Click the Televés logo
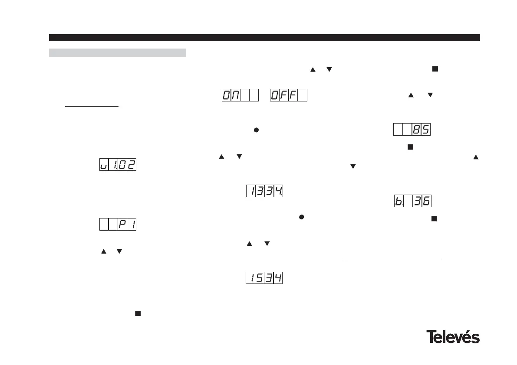pyautogui.click(x=453, y=337)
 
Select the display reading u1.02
pyautogui.click(x=118, y=165)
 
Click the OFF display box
pyautogui.click(x=289, y=95)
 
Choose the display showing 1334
pyautogui.click(x=265, y=191)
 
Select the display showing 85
pyautogui.click(x=412, y=130)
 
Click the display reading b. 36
pyautogui.click(x=412, y=201)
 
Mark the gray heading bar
pyautogui.click(x=118, y=53)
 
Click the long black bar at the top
pyautogui.click(x=264, y=38)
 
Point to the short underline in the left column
pyautogui.click(x=92, y=106)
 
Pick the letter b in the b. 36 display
pyautogui.click(x=398, y=201)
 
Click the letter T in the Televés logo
pyautogui.click(x=431, y=337)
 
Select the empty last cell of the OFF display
pyautogui.click(x=303, y=95)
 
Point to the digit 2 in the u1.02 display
pyautogui.click(x=132, y=165)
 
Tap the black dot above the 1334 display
pyautogui.click(x=256, y=130)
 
